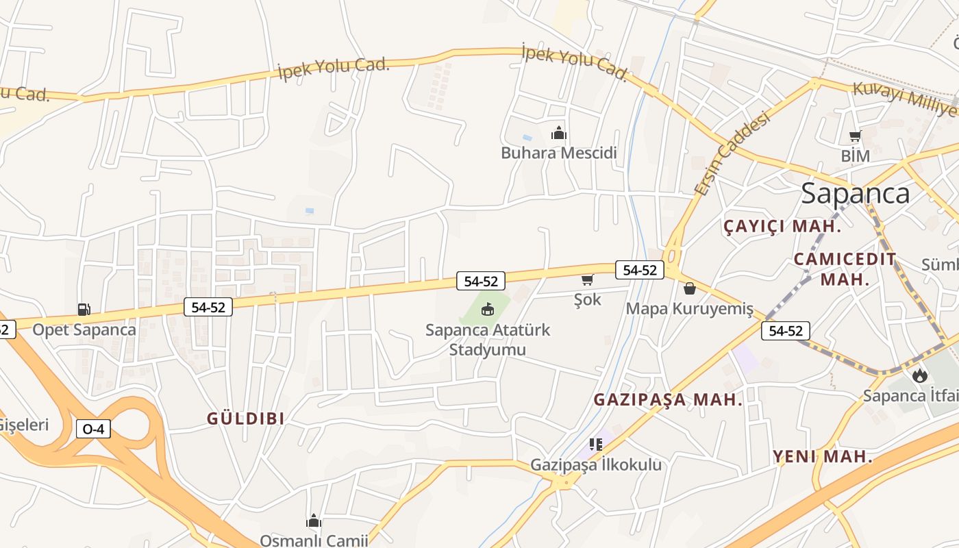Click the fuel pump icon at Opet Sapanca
click(x=84, y=310)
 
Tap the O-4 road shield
click(x=93, y=429)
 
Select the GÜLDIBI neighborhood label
click(x=245, y=419)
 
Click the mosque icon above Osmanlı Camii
click(x=314, y=521)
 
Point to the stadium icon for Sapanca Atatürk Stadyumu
click(x=488, y=310)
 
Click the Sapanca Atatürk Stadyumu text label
click(x=487, y=340)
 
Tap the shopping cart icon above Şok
click(x=587, y=280)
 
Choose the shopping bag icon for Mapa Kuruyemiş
click(x=690, y=288)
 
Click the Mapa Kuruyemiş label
click(x=689, y=309)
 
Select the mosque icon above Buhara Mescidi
click(x=559, y=134)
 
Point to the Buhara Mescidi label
click(x=559, y=153)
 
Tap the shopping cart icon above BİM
click(x=855, y=136)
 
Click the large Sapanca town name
click(x=856, y=193)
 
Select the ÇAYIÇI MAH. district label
click(x=782, y=227)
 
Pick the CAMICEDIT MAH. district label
click(x=845, y=269)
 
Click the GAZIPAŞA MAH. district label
click(x=668, y=400)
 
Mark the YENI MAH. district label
click(x=823, y=457)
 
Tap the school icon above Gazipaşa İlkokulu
click(x=596, y=445)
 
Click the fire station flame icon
click(x=919, y=375)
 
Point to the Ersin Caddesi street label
click(x=732, y=153)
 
